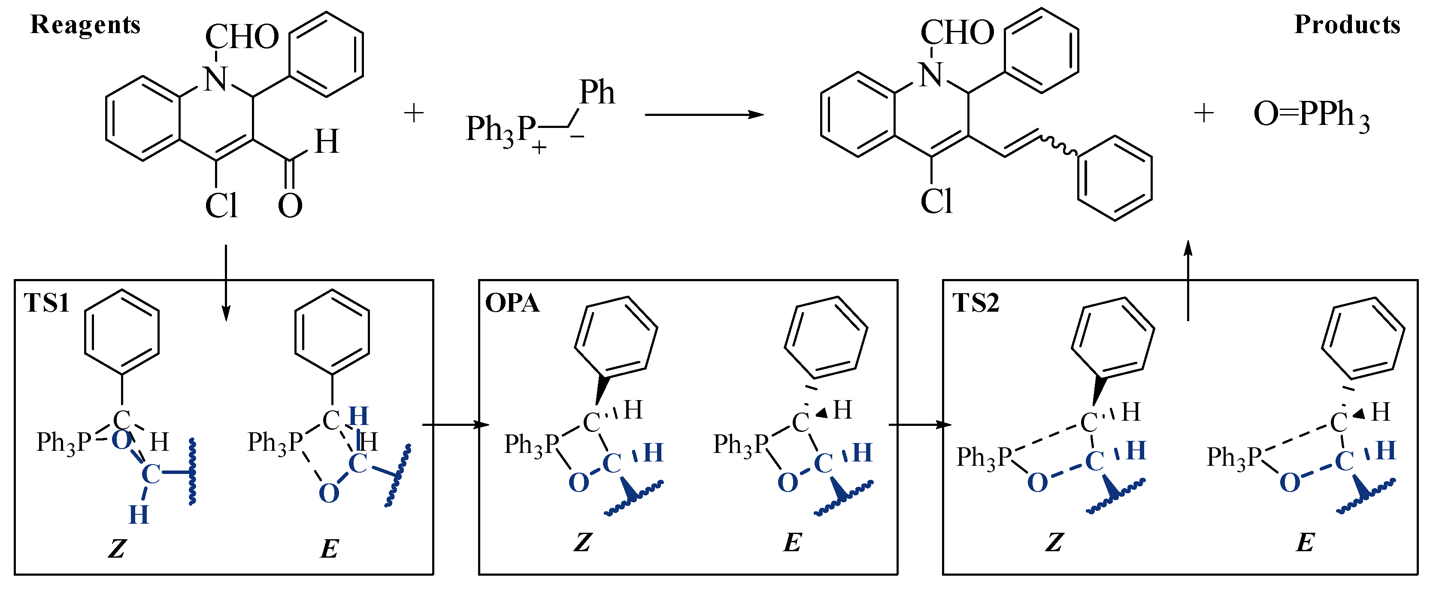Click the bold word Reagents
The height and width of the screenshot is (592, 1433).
85,25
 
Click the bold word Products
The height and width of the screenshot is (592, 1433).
1347,25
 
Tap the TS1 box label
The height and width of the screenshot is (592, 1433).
47,303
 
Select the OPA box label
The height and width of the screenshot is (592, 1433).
512,303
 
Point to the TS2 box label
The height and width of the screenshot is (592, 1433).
976,303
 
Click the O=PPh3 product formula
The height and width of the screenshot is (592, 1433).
1311,115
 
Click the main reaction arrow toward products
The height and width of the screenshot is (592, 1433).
704,115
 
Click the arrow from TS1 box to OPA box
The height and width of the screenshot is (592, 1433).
455,425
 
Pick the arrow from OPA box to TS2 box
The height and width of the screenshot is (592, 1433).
920,425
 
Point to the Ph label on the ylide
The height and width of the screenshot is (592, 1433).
597,92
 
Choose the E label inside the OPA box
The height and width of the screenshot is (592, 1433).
792,543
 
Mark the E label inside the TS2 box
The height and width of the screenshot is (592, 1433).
1305,543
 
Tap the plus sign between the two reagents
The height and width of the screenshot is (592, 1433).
413,113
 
